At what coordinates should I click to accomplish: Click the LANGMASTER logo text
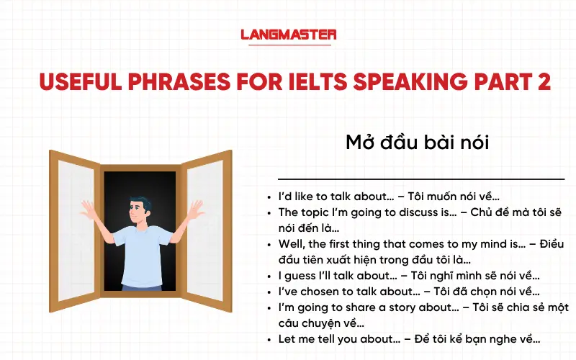tap(288, 34)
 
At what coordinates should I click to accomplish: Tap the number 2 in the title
tap(542, 81)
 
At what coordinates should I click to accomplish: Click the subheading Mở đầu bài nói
tap(418, 143)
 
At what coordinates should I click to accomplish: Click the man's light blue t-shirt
tap(141, 252)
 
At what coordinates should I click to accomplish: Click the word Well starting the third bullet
tap(290, 244)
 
